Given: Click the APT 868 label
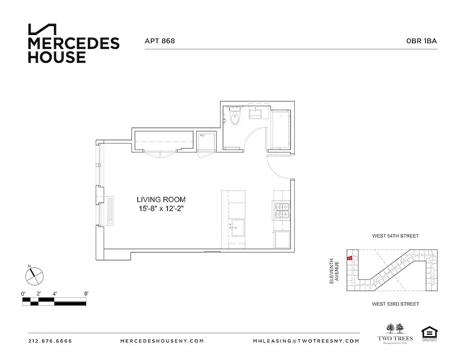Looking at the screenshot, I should click(x=159, y=41).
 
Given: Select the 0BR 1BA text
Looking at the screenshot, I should click(x=421, y=41).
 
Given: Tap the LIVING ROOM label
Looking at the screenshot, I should click(x=161, y=199).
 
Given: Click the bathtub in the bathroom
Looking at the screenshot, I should click(x=281, y=129).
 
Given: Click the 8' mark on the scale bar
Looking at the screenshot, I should click(x=86, y=293).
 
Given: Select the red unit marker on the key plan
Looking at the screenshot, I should click(x=349, y=258).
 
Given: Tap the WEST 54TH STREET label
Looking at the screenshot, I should click(x=395, y=236).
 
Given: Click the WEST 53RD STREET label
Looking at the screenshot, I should click(x=395, y=304).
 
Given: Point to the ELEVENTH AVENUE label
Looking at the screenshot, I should click(x=334, y=271).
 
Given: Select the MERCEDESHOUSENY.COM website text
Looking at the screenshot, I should click(x=162, y=341).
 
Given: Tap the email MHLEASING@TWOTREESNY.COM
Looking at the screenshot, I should click(x=306, y=341).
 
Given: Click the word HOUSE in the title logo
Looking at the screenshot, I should click(x=57, y=57).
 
